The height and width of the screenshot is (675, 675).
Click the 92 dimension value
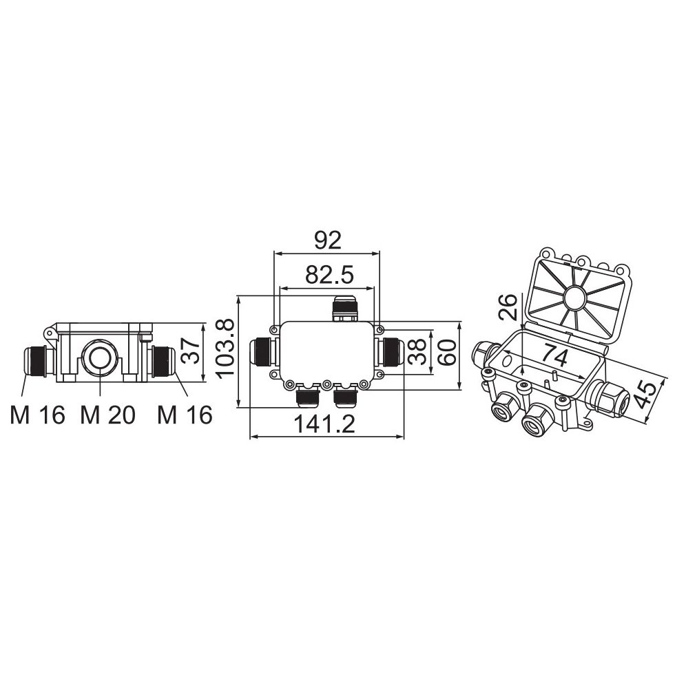click(328, 240)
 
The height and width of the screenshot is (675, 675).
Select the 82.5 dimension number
click(330, 275)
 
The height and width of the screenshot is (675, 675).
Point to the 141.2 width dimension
click(324, 424)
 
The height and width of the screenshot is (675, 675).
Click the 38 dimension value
click(417, 352)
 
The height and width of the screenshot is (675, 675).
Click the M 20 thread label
click(107, 415)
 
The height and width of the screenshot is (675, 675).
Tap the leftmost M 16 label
click(37, 415)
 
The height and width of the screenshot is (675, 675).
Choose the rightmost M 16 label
click(185, 415)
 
